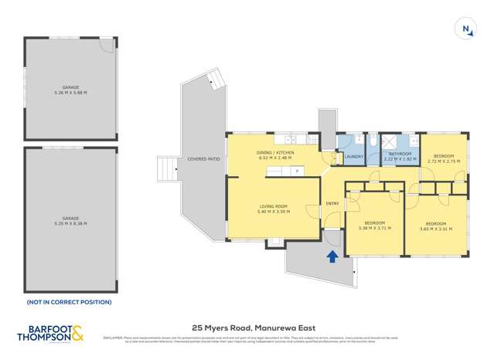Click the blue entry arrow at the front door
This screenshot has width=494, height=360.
point(332,257)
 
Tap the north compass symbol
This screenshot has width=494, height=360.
point(467,30)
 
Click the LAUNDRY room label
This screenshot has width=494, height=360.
point(354,157)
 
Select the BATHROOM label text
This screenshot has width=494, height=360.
point(400,153)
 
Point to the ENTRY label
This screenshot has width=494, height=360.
point(332,204)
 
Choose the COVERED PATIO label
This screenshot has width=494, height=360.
point(203,159)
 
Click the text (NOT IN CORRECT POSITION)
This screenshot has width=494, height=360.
point(69,302)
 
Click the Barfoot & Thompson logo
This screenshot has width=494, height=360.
point(51,334)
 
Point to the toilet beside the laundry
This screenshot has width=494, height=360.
point(373,141)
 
